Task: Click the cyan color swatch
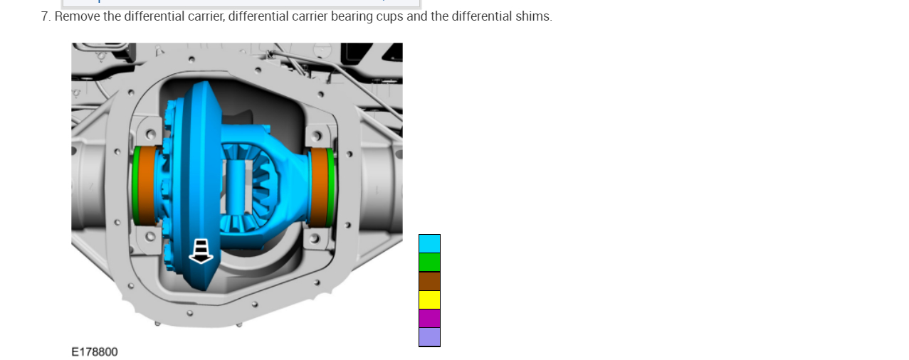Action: pyautogui.click(x=429, y=243)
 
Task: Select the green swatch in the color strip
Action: pyautogui.click(x=429, y=263)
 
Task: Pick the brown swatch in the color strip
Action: pyautogui.click(x=429, y=281)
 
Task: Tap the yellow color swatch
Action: pyautogui.click(x=429, y=300)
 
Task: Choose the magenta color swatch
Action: pyautogui.click(x=429, y=318)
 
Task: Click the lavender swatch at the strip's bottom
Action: pyautogui.click(x=429, y=337)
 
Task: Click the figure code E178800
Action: pyautogui.click(x=95, y=352)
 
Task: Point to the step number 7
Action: pyautogui.click(x=46, y=16)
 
